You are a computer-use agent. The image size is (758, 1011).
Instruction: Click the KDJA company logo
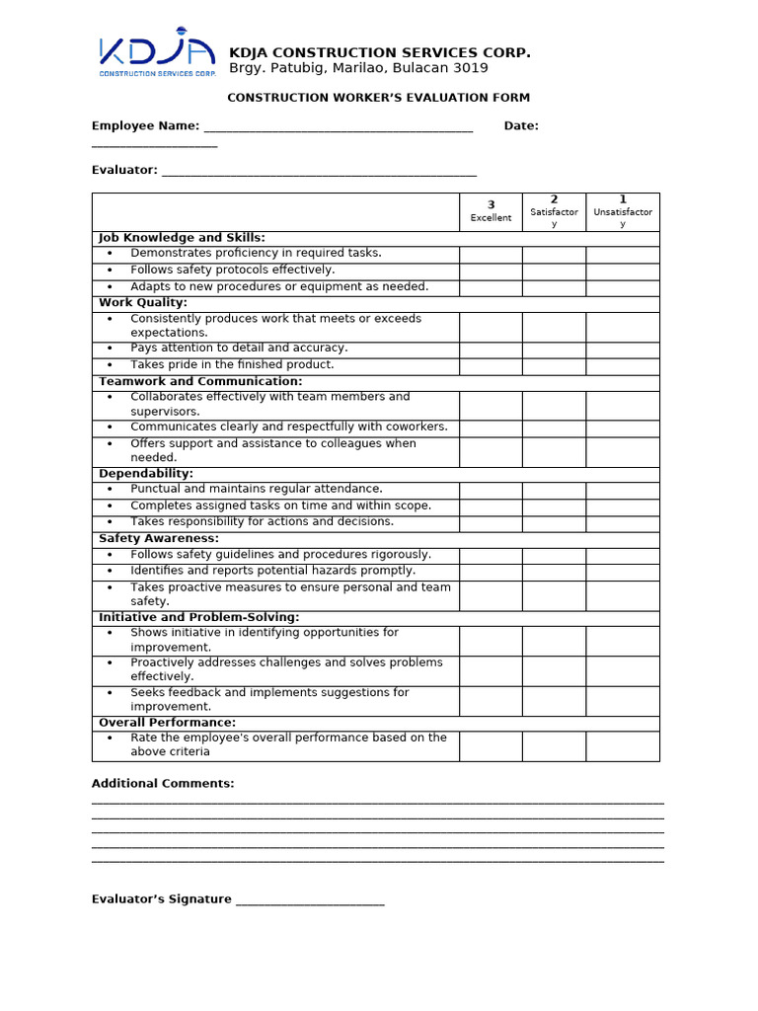tap(157, 57)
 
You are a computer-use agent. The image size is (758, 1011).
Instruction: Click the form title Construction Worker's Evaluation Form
tap(378, 98)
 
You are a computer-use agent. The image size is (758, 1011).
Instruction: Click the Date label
tap(521, 126)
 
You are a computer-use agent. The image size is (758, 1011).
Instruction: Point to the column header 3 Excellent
tap(491, 211)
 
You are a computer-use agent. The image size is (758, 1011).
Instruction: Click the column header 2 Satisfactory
tap(554, 211)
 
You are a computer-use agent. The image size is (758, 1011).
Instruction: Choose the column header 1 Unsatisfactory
tap(623, 211)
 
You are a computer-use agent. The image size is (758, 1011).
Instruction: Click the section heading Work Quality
tap(143, 303)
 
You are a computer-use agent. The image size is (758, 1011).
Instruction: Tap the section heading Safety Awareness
tap(159, 539)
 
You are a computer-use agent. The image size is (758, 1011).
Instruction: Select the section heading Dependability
tap(146, 474)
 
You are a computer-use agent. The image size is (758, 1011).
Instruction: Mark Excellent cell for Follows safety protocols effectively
tap(491, 271)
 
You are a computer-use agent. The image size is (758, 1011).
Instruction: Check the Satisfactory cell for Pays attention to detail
tap(554, 350)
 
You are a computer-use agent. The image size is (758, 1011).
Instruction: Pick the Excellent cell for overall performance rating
tap(491, 746)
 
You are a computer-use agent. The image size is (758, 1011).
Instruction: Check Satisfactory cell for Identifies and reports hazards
tap(554, 573)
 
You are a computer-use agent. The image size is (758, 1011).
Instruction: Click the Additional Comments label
tap(163, 784)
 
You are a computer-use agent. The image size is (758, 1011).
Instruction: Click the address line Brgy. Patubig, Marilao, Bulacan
tap(358, 69)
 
